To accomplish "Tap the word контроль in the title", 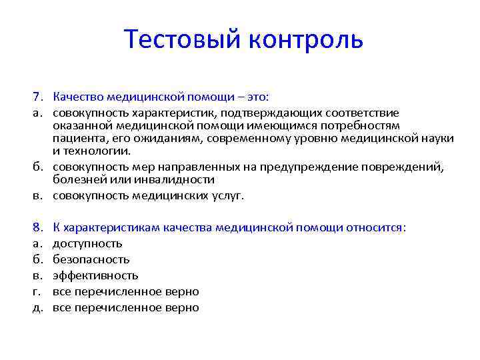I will pos(306,39).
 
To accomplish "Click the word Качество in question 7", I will pos(75,96).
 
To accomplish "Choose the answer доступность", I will pos(87,243).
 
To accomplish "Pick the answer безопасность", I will pos(91,259).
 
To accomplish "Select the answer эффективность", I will pos(95,275).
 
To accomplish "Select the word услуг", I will pos(229,196).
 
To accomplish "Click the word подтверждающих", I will pos(255,112).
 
